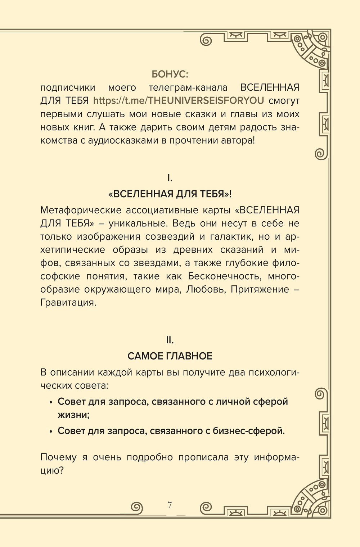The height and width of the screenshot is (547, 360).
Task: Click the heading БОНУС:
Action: [170, 74]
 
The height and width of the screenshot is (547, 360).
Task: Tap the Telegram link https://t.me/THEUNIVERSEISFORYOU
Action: [179, 100]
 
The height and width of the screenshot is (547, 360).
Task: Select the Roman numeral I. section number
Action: [170, 178]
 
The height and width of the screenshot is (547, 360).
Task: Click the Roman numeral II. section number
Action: [170, 340]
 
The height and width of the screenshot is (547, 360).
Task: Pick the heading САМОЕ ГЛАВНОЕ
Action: [170, 356]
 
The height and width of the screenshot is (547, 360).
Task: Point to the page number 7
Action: [170, 505]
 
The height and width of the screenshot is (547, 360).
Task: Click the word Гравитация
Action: [68, 303]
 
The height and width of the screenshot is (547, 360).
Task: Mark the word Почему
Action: [59, 457]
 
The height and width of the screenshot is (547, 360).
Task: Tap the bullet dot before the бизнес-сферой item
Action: [51, 431]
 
